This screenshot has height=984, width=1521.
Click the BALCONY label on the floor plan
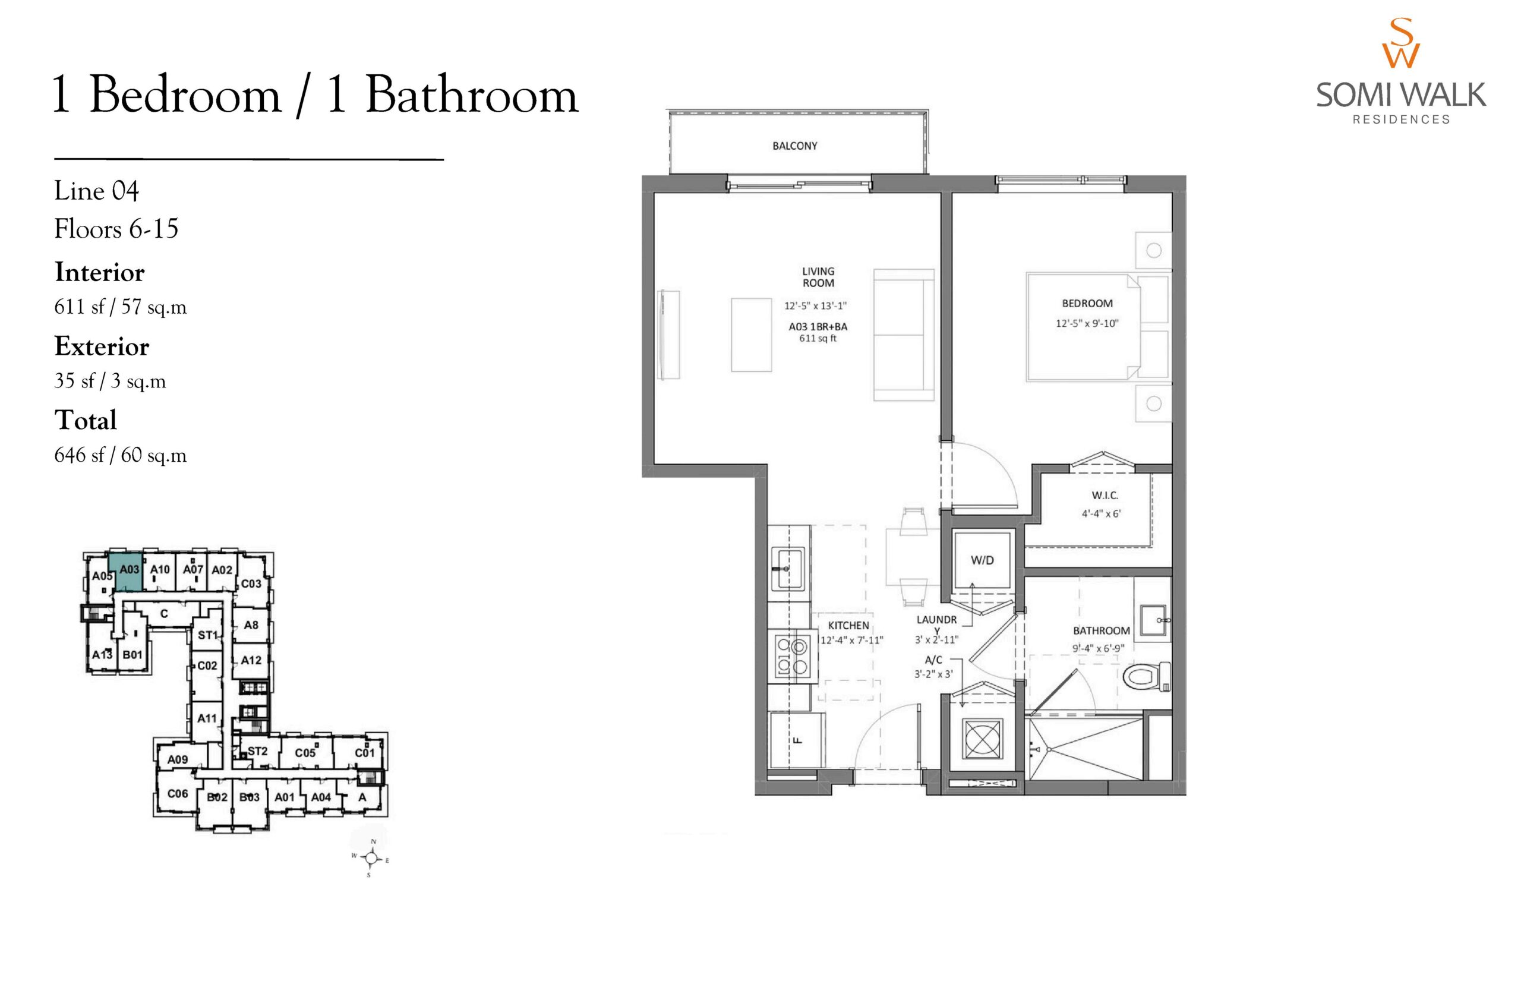795,146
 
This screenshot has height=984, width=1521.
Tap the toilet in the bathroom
1146,677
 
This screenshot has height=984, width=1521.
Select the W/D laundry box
982,560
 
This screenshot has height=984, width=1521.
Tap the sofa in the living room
903,334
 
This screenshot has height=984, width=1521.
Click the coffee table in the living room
751,334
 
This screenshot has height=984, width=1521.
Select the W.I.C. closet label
1105,495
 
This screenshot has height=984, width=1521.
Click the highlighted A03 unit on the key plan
129,572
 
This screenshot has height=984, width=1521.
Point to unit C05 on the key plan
305,753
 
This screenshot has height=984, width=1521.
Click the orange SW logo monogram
1400,43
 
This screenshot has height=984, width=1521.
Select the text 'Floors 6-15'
116,229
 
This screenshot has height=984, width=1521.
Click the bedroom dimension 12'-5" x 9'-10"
1087,323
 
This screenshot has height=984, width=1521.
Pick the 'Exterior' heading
102,346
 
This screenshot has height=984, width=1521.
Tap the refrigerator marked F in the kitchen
797,740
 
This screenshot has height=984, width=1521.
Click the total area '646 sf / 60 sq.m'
121,455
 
